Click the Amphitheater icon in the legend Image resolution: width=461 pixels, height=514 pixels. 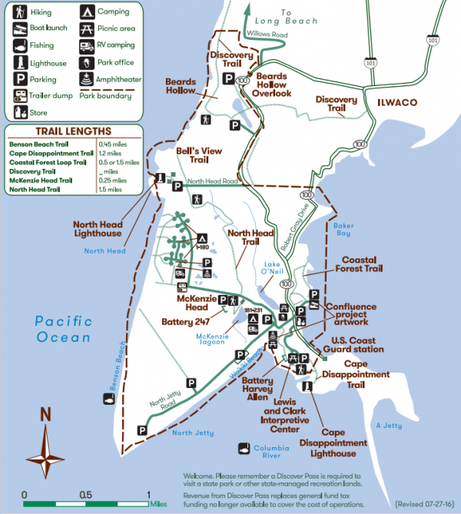pos(86,78)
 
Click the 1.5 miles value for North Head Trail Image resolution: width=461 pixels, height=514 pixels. pos(109,189)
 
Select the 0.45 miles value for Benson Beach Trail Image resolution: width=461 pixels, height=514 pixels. pos(112,144)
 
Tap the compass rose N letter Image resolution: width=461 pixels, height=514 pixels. pos(45,414)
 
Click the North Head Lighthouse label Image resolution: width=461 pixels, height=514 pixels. pos(98,227)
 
